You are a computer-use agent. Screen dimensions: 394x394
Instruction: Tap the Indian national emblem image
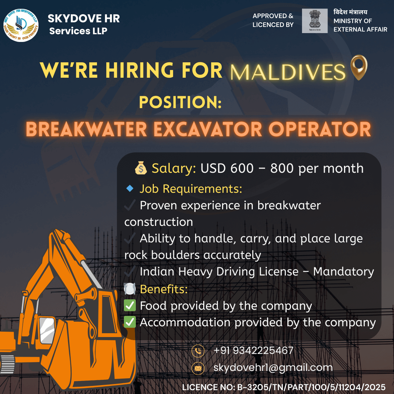pos(315,21)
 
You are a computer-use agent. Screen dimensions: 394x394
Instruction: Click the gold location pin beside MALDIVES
pos(359,68)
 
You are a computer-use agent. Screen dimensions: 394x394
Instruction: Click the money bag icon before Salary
pos(141,168)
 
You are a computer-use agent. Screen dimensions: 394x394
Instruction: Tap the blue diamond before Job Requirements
pos(130,189)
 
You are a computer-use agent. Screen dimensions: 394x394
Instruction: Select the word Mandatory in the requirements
pos(343,272)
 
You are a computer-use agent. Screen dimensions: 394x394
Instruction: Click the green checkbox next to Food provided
pos(130,306)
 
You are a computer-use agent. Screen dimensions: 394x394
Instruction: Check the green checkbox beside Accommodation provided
pos(130,322)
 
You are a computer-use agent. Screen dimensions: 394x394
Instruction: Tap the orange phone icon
pos(198,351)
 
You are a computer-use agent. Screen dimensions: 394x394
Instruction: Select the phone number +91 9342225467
pos(253,351)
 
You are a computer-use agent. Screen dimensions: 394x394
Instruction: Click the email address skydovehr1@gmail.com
pos(273,367)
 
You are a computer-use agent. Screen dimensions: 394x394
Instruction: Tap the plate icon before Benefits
pos(130,289)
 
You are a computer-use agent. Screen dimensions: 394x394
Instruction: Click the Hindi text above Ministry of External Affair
pos(350,12)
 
